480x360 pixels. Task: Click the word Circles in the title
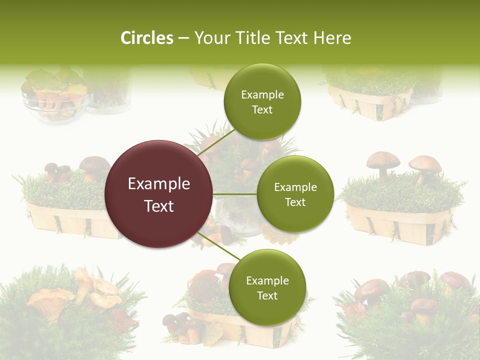146,38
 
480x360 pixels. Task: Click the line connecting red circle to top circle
215,142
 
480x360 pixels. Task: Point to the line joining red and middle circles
235,194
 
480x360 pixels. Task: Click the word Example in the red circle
159,184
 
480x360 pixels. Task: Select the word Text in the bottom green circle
267,295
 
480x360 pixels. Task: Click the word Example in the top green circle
262,95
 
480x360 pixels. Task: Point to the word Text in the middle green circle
295,202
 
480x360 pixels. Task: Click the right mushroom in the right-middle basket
424,165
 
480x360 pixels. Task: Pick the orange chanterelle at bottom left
50,300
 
